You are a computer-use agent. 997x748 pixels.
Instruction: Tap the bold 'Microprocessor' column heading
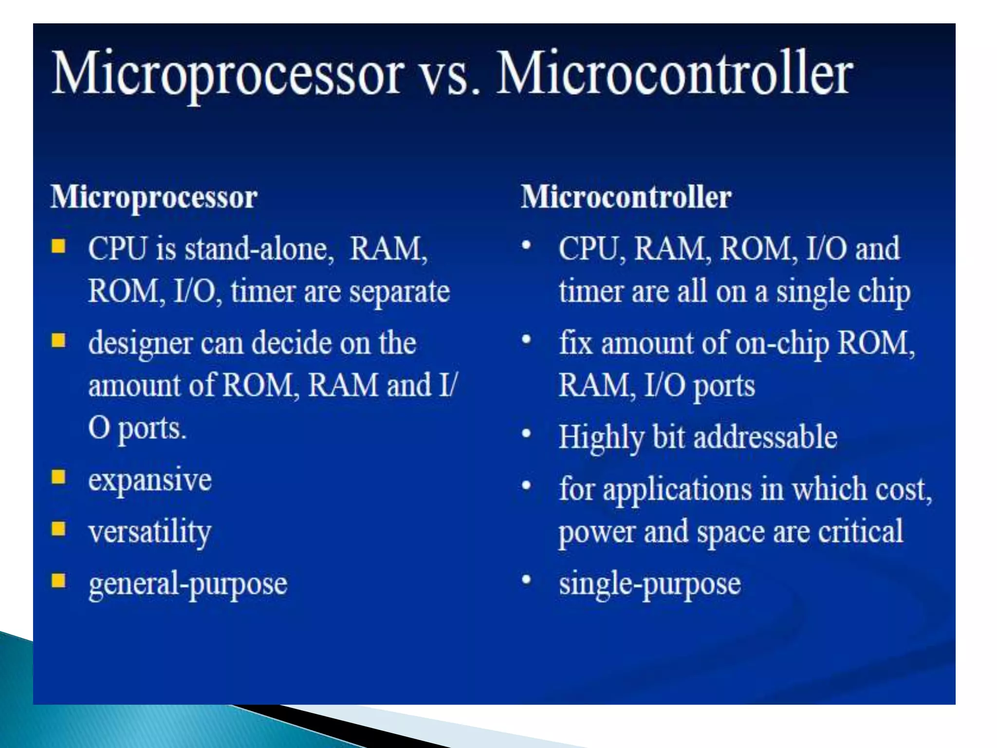tap(154, 197)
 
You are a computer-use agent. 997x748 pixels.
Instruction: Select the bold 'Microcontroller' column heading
tap(626, 197)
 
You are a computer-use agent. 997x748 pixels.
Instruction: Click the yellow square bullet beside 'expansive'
tap(58, 477)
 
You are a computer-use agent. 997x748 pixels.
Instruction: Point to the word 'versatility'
tap(150, 532)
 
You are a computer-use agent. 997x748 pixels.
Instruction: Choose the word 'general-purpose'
tap(188, 584)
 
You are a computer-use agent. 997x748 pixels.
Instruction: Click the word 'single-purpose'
tap(650, 584)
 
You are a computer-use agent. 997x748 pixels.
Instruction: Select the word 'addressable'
tap(765, 437)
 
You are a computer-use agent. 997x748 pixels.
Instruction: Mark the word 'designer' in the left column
tap(141, 344)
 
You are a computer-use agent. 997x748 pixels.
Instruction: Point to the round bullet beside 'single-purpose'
tap(526, 580)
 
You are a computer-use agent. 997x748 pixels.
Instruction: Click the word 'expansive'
tap(150, 480)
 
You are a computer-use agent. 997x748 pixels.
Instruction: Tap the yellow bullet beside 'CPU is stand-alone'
tap(58, 246)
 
